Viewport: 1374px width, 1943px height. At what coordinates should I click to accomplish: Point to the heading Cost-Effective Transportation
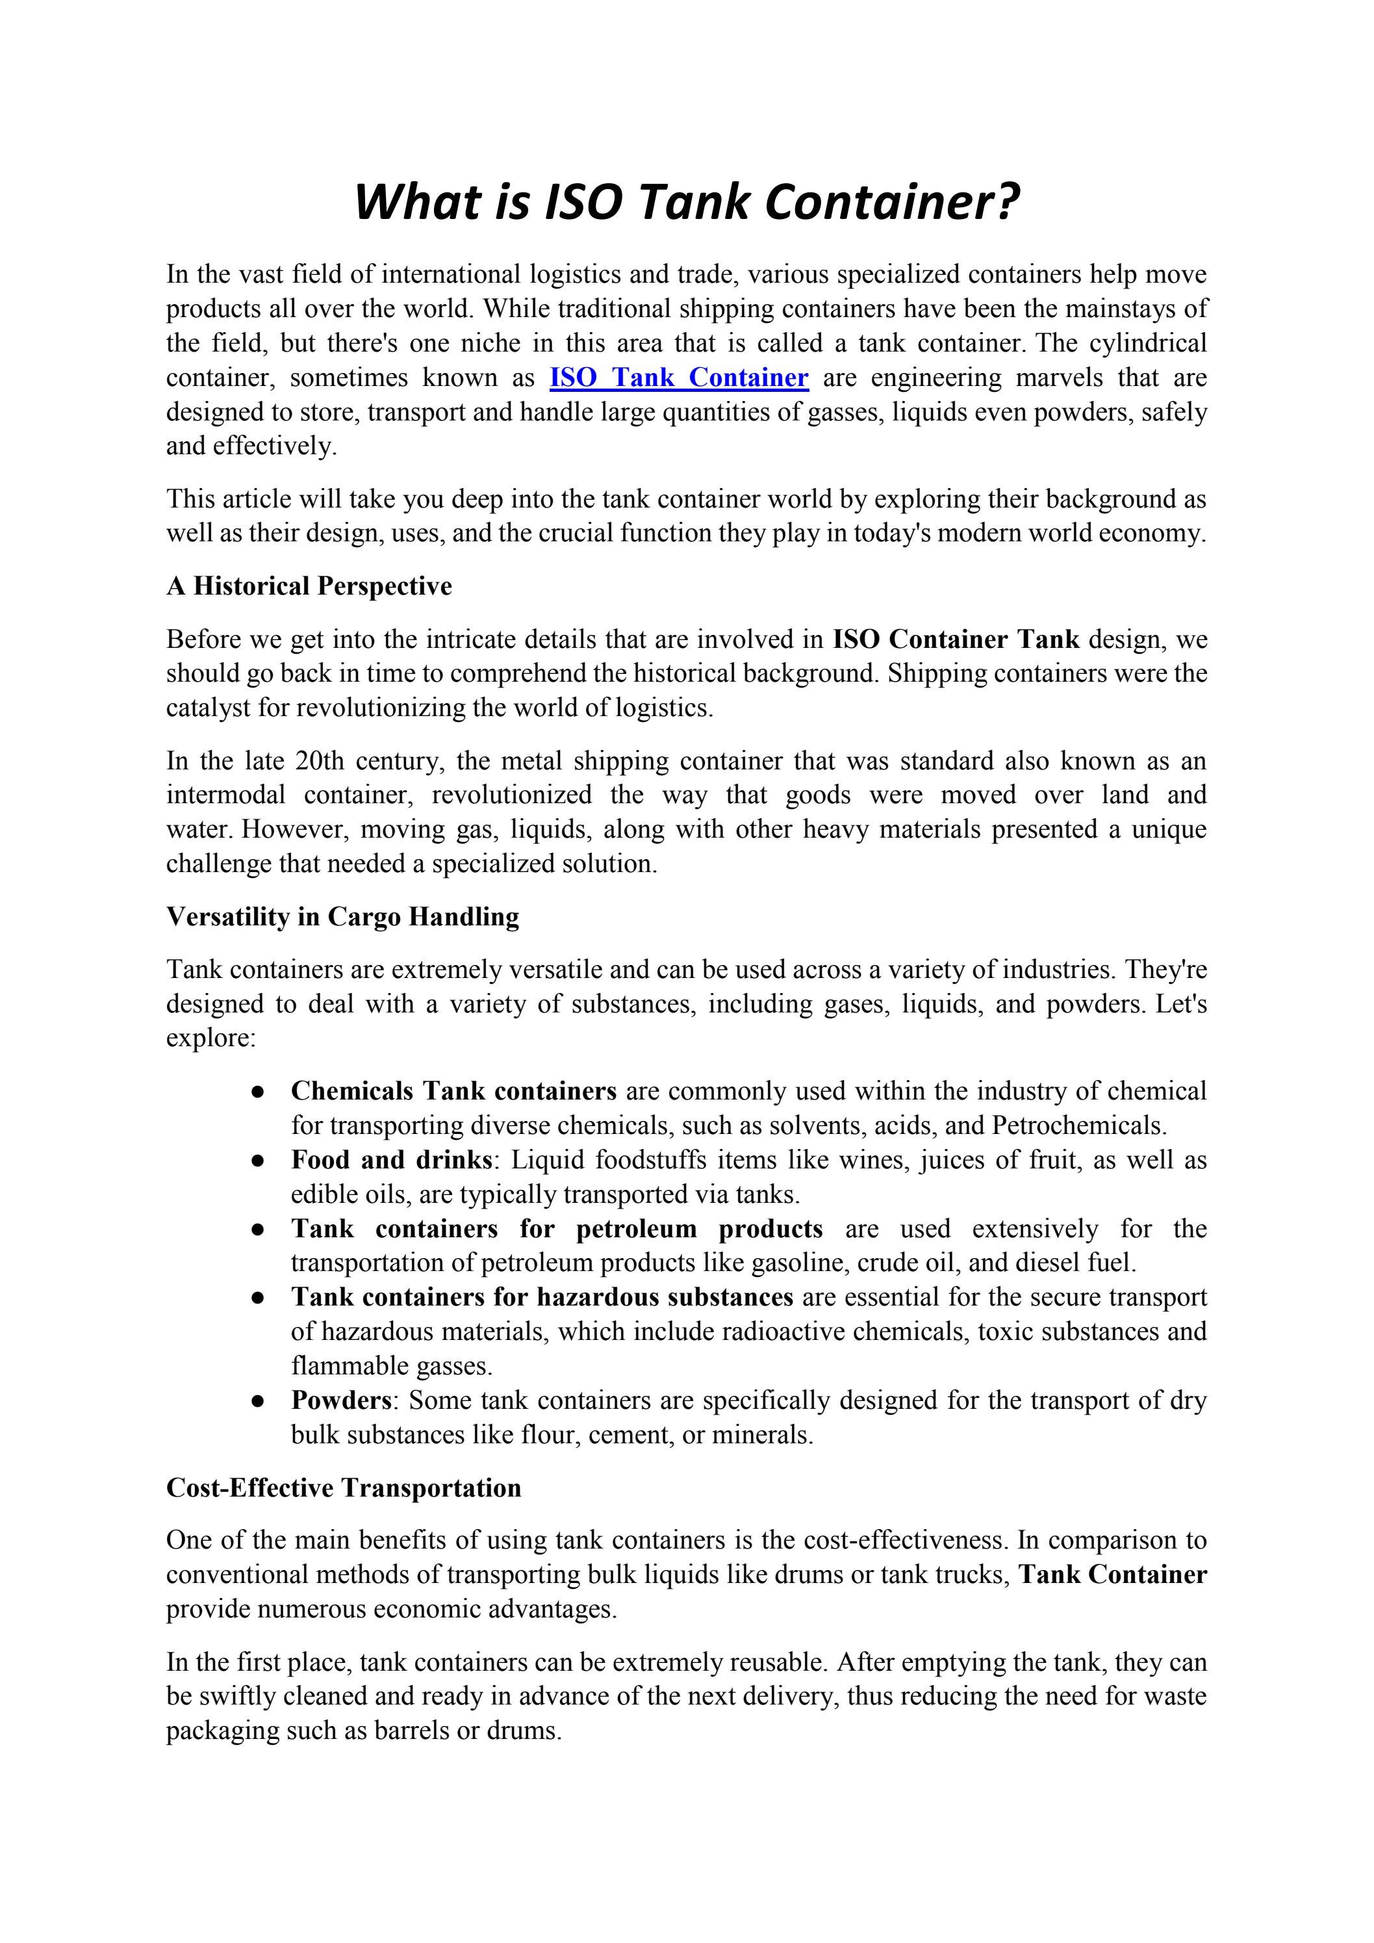point(344,1487)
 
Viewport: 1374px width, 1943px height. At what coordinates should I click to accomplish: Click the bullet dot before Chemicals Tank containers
point(258,1092)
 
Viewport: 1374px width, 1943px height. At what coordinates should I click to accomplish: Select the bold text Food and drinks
point(392,1159)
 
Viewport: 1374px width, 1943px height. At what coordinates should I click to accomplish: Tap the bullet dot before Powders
point(258,1402)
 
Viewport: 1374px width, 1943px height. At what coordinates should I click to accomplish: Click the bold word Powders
point(341,1400)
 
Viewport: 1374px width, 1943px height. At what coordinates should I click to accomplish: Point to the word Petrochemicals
point(1078,1126)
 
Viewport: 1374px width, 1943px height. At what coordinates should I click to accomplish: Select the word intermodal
point(224,795)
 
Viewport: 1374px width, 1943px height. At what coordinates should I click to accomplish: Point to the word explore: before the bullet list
point(210,1038)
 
